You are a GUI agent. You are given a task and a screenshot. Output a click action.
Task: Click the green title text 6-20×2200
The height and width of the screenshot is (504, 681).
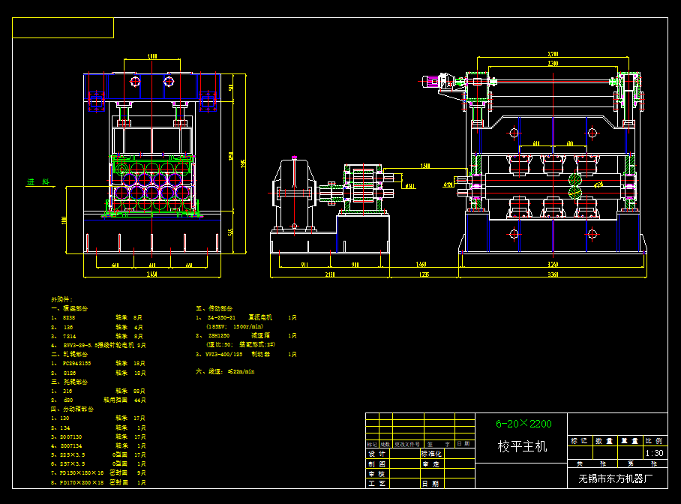coord(523,424)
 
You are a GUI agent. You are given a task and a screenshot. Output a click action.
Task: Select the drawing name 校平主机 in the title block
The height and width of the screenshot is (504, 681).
coord(523,447)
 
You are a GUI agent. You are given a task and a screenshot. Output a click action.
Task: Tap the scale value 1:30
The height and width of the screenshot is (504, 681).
coord(654,453)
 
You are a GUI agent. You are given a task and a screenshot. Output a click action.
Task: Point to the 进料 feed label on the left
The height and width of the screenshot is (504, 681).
coord(37,182)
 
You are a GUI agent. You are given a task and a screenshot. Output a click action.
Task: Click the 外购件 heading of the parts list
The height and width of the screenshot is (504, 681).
coord(61,299)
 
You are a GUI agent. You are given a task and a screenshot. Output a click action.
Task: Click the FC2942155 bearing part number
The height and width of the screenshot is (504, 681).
coord(76,362)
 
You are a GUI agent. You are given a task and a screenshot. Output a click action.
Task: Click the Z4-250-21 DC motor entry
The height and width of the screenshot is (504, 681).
coord(222,318)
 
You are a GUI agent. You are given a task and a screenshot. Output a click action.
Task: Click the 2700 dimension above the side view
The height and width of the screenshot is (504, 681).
coord(553,55)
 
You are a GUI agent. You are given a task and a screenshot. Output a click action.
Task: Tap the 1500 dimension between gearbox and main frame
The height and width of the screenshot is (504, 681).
coord(425,166)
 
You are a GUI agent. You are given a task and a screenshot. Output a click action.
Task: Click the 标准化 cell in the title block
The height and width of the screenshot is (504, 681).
coord(433,454)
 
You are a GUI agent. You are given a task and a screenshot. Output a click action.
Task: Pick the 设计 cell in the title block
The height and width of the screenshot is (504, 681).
coord(376,454)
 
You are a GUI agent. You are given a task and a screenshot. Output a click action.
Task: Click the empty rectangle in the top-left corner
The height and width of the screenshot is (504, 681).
coord(63,28)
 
